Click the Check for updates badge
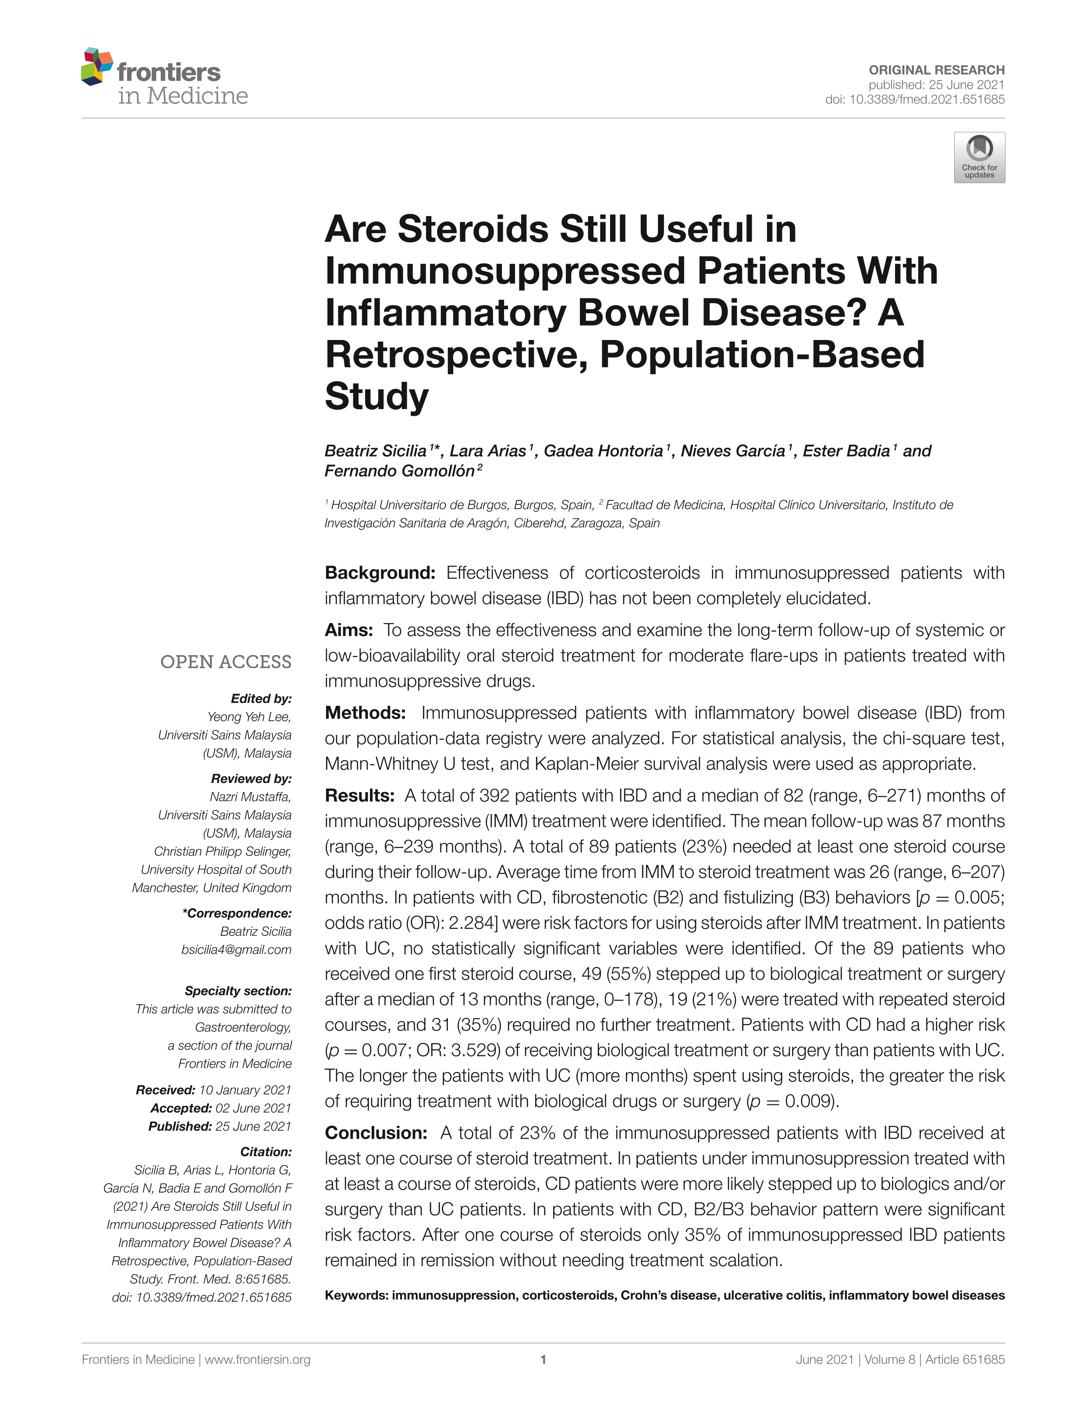coord(979,157)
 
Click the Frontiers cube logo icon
coord(97,66)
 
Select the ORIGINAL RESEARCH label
coord(936,70)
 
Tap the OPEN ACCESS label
coord(226,662)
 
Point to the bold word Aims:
coord(349,630)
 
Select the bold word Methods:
coord(365,713)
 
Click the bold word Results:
coord(359,796)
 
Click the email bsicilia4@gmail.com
coord(236,949)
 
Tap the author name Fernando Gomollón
coord(400,471)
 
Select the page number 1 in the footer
coord(543,1359)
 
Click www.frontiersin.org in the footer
coord(258,1359)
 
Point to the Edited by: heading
coord(261,698)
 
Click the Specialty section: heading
coord(238,991)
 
